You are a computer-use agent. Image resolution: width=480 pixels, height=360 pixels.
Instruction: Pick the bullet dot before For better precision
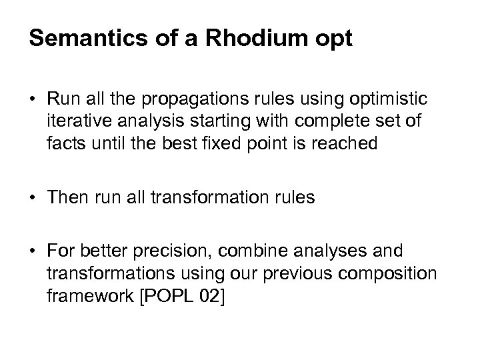(x=33, y=250)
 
